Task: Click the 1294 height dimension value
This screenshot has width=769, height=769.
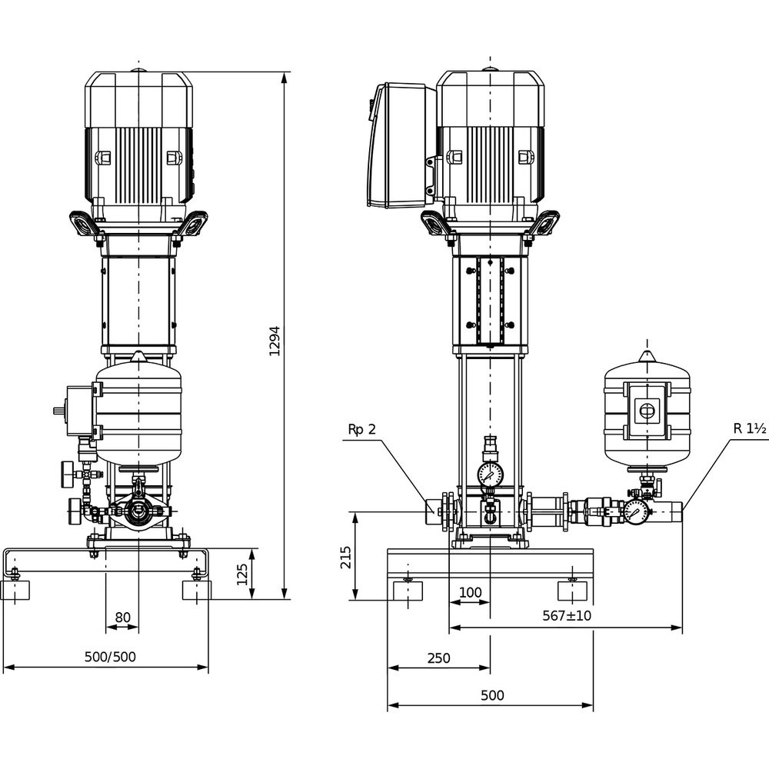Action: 275,341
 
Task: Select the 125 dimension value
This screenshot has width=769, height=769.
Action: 242,574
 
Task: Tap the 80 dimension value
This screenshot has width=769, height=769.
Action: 122,617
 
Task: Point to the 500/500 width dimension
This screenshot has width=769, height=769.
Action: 110,657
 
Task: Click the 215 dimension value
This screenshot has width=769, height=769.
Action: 346,558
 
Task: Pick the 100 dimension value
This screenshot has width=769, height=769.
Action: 470,592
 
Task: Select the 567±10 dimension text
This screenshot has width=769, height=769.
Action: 567,615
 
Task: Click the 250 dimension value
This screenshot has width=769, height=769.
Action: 438,657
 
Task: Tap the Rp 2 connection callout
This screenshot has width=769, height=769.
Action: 362,430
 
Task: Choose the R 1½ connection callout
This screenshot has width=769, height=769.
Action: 749,428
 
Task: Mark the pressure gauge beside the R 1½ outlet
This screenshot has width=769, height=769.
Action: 636,513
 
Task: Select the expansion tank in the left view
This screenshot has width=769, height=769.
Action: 138,410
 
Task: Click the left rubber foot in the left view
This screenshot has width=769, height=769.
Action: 15,590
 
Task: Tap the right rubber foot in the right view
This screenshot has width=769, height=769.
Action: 572,591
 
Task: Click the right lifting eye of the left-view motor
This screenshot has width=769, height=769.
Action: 195,223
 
